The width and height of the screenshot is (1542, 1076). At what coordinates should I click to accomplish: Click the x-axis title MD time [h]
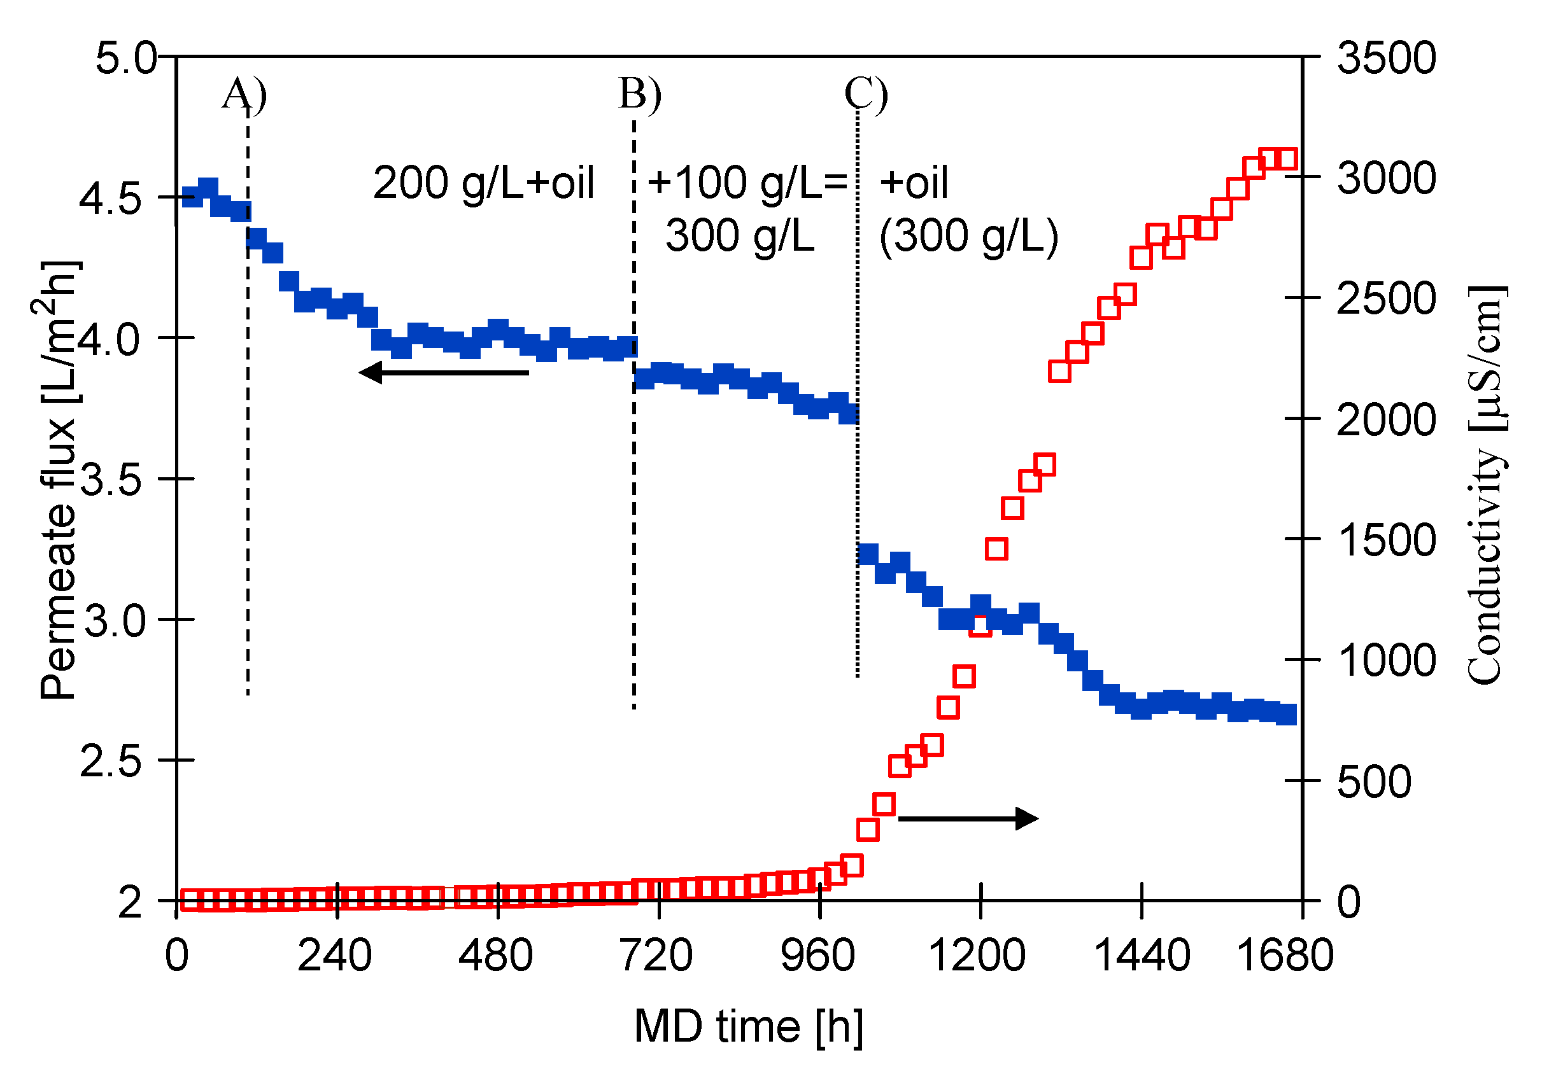click(x=748, y=1026)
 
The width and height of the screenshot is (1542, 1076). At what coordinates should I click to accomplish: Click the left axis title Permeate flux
click(x=59, y=480)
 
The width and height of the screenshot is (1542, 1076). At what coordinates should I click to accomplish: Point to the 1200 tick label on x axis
click(x=977, y=955)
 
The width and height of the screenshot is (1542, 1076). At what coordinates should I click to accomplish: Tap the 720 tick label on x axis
click(x=656, y=955)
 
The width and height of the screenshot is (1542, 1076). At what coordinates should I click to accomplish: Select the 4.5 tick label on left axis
click(x=111, y=199)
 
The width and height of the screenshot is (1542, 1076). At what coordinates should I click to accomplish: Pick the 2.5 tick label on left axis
click(x=111, y=762)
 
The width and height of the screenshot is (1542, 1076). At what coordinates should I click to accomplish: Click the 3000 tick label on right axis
click(x=1386, y=178)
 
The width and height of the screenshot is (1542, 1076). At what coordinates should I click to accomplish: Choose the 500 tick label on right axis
click(x=1373, y=781)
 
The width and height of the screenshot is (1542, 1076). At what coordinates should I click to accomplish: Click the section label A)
click(x=244, y=94)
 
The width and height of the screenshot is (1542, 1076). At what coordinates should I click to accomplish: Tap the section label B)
click(x=639, y=94)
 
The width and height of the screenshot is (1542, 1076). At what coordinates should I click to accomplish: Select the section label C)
click(x=866, y=94)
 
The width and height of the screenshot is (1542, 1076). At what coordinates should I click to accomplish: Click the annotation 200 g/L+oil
click(x=484, y=183)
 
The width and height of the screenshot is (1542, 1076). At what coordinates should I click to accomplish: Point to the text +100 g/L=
click(x=747, y=183)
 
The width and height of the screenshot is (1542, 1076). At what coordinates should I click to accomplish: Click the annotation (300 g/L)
click(x=968, y=236)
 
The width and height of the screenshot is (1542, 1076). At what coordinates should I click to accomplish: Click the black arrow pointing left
click(x=444, y=372)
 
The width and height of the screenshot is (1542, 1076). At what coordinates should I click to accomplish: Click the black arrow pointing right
click(x=968, y=818)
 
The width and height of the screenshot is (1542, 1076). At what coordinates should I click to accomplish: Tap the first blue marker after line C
click(x=868, y=554)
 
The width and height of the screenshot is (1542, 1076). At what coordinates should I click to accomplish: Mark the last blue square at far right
click(x=1286, y=714)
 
